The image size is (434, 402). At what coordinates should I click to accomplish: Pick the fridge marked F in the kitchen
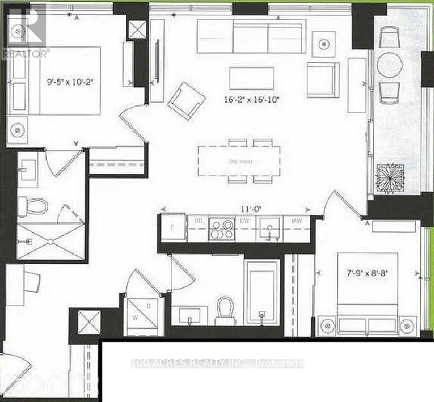(172, 227)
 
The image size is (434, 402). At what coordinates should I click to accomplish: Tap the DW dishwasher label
(245, 220)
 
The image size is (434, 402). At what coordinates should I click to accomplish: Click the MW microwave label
(295, 221)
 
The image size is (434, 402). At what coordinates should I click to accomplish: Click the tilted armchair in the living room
(184, 99)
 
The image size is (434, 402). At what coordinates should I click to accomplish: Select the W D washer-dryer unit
(143, 312)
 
